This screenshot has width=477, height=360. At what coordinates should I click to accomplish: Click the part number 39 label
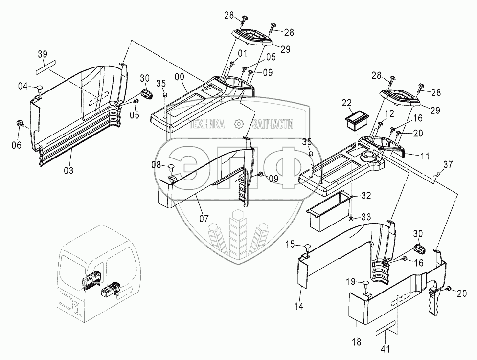click(x=43, y=54)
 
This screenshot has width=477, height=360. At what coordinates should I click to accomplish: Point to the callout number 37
click(x=448, y=164)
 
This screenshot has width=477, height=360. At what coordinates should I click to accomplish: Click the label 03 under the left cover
click(x=68, y=171)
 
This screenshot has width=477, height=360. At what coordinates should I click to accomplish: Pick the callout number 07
click(x=204, y=218)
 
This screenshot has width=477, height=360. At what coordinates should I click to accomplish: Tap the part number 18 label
click(x=356, y=342)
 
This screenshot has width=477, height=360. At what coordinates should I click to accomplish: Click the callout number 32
click(x=366, y=196)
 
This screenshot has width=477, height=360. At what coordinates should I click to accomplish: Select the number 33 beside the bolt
click(x=366, y=217)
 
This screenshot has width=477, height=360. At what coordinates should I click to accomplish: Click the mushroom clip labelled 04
click(x=40, y=89)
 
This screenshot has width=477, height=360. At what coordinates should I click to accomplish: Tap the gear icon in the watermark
click(x=238, y=123)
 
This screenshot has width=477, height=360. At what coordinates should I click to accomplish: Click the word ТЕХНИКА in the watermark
click(x=206, y=124)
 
